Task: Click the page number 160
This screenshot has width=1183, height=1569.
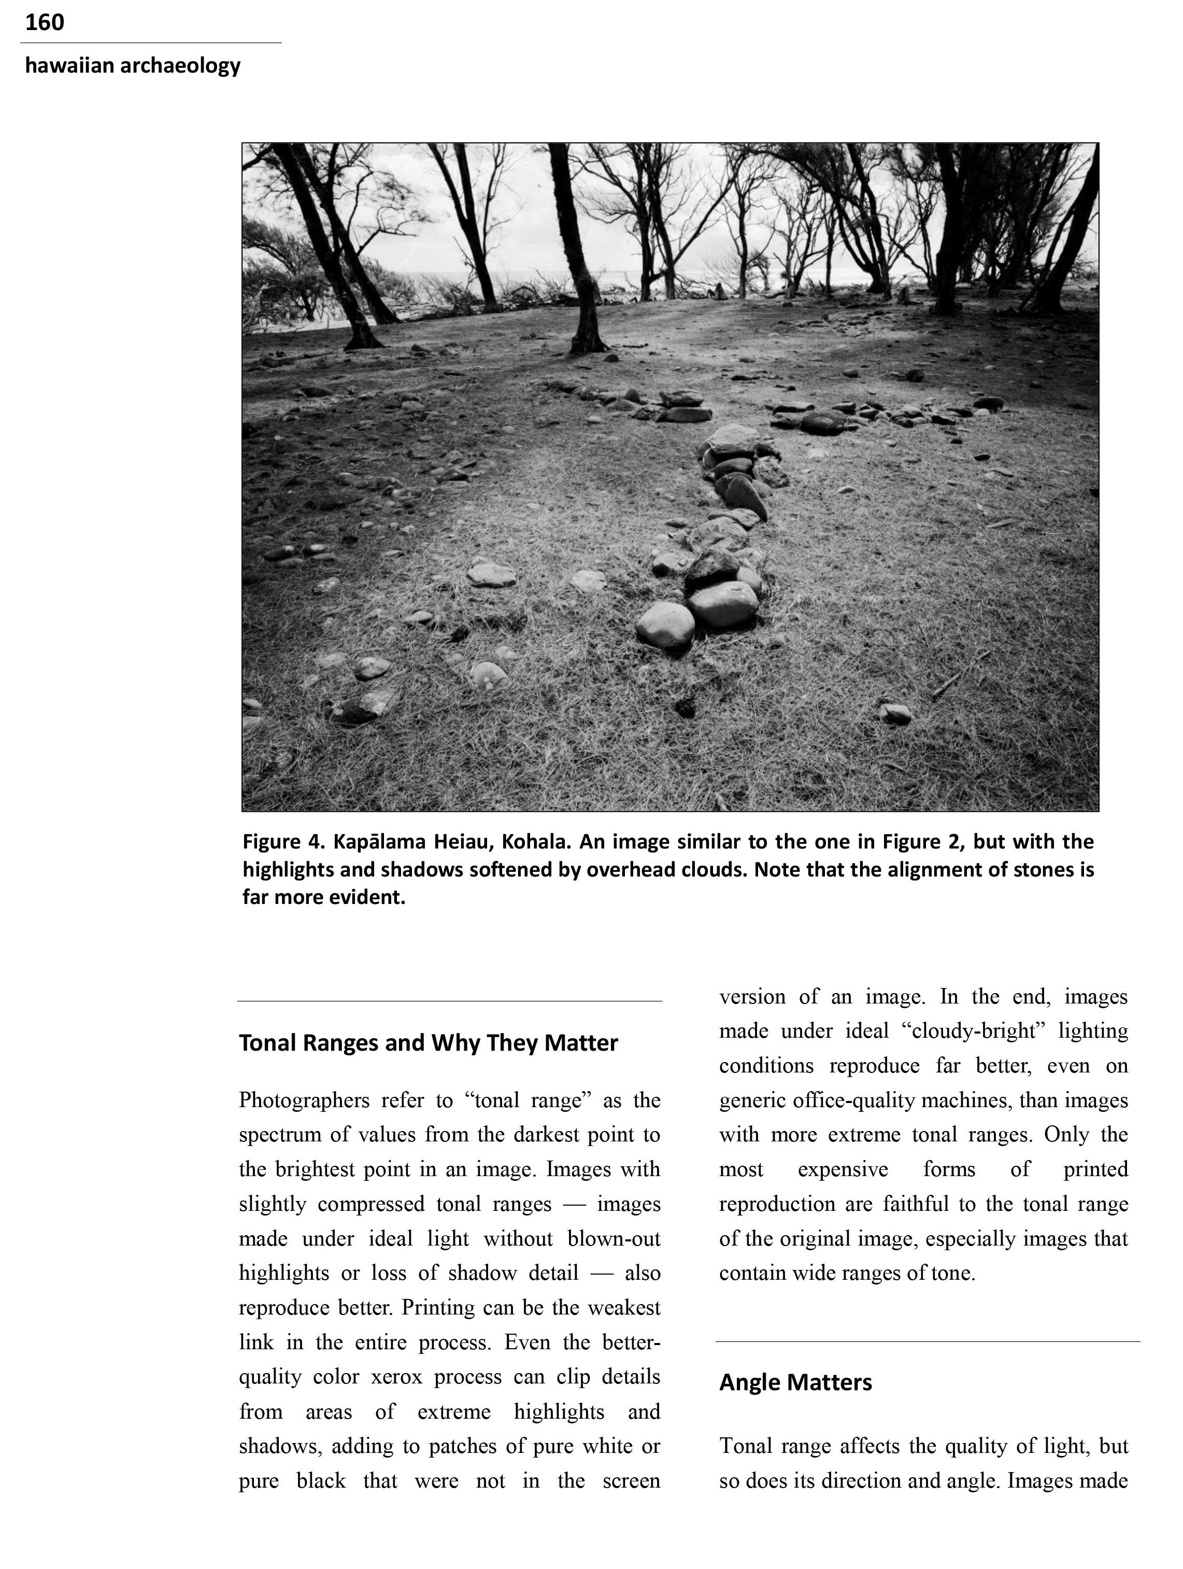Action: click(x=44, y=23)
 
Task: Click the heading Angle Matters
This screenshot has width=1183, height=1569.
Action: click(x=795, y=1382)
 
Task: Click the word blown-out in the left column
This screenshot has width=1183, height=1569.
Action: click(x=614, y=1238)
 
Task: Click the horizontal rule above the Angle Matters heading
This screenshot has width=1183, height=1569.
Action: click(x=927, y=1341)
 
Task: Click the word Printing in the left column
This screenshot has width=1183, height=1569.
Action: click(x=439, y=1307)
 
